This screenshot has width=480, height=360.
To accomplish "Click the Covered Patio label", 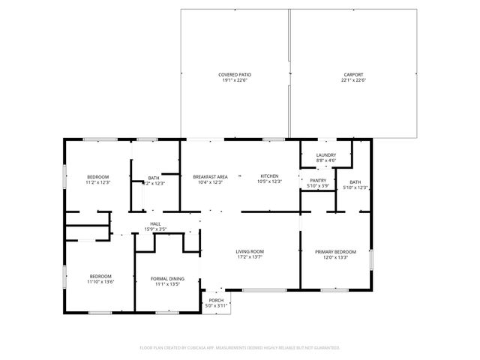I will [x=235, y=74].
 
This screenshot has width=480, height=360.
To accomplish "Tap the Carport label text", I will [x=353, y=74].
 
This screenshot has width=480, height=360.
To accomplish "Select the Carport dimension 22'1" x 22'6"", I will [x=353, y=80].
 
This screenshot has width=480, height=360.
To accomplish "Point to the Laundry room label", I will [x=326, y=154].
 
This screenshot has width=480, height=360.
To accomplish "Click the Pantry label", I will [x=318, y=180].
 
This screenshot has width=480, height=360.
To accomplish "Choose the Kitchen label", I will [x=269, y=176].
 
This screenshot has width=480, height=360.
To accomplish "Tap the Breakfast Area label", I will [x=210, y=176].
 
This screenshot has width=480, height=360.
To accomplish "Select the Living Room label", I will [x=249, y=252].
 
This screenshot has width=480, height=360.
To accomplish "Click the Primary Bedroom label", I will [x=335, y=252].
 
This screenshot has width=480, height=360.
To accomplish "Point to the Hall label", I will [x=155, y=223].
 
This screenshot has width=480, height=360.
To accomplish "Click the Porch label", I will [x=216, y=300].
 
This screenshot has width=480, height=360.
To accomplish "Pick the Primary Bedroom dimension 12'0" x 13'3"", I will [x=335, y=258].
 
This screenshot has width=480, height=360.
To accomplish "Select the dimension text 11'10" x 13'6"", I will [x=100, y=282].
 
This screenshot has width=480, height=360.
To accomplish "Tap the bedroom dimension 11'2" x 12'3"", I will [x=98, y=182].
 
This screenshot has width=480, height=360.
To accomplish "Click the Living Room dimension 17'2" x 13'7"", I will [x=249, y=258].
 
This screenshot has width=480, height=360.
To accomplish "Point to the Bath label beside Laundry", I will [x=355, y=181].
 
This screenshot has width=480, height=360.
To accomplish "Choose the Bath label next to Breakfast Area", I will [x=153, y=177].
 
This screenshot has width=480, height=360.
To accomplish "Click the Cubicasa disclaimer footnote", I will [x=240, y=348].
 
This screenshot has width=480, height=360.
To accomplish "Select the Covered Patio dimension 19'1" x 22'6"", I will [x=235, y=80].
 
